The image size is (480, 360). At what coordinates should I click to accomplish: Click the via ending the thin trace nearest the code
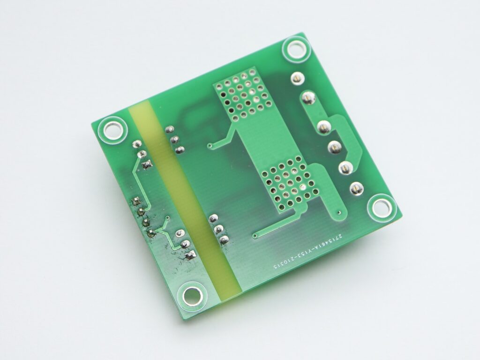point(255,235)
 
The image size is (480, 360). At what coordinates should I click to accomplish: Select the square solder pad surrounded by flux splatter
point(190,255)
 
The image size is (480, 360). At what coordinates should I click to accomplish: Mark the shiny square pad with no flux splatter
point(147,164)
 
